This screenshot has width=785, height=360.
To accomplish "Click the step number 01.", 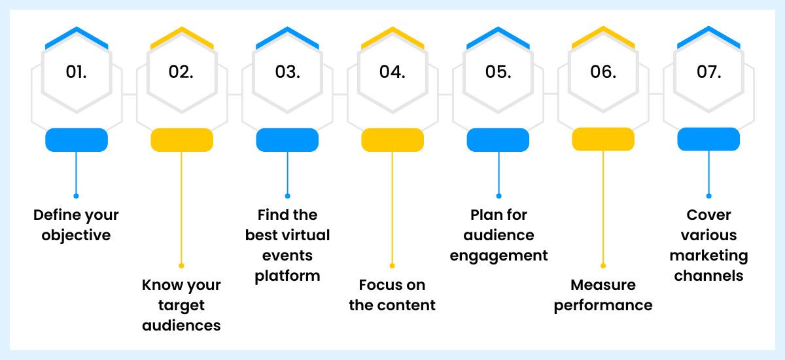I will click(x=77, y=72).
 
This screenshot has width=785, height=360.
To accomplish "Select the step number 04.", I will click(x=392, y=72).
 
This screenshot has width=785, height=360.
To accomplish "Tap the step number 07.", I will click(x=708, y=72).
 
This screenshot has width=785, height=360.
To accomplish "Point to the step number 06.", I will click(x=602, y=72).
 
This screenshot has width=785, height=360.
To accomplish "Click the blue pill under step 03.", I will click(x=287, y=140).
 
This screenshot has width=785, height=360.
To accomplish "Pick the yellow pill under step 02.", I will click(x=182, y=140).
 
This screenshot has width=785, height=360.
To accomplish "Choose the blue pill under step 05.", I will click(x=498, y=140).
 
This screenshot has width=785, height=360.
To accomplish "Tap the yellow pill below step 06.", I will click(x=603, y=139).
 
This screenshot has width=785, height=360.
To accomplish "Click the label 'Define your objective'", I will click(x=77, y=225).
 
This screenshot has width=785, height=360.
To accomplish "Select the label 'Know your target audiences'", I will click(x=182, y=305).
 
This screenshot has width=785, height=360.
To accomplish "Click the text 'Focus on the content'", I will click(x=392, y=295).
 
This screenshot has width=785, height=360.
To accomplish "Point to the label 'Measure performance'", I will click(x=603, y=295).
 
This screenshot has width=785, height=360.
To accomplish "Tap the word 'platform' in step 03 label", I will click(x=287, y=276).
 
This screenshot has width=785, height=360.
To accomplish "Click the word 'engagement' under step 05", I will click(x=498, y=255).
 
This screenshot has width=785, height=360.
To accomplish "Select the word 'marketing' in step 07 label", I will click(x=708, y=255).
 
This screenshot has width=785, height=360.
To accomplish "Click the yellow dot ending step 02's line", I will click(x=182, y=266).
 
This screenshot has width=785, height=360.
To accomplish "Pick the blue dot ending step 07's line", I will click(x=708, y=196).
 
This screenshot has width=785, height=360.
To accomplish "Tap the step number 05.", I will click(x=498, y=72).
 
